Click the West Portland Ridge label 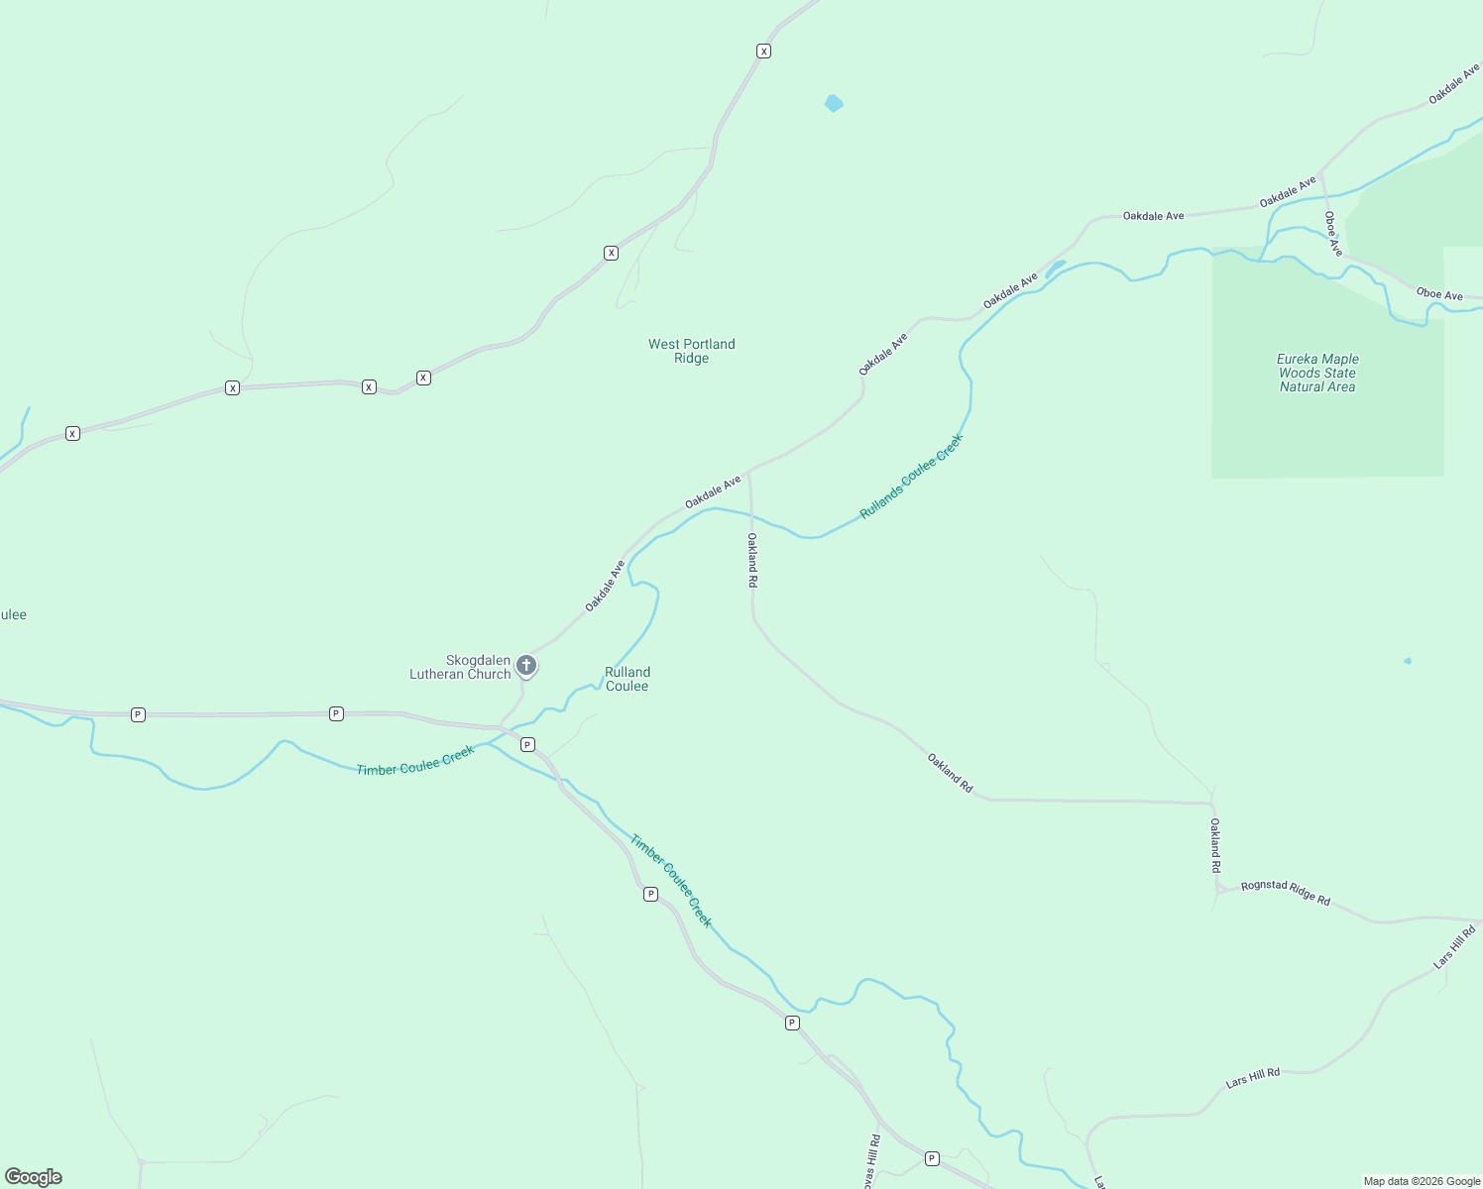pyautogui.click(x=691, y=351)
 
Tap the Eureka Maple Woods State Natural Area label pyautogui.click(x=1316, y=374)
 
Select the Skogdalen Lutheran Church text pyautogui.click(x=461, y=667)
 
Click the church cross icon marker pyautogui.click(x=526, y=665)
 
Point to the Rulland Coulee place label pyautogui.click(x=627, y=679)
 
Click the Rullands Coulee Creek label pyautogui.click(x=911, y=476)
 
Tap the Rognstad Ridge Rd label pyautogui.click(x=1285, y=892)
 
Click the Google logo pyautogui.click(x=34, y=1177)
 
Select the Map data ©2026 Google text pyautogui.click(x=1422, y=1181)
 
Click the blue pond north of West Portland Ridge pyautogui.click(x=834, y=103)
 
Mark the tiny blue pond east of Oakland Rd pyautogui.click(x=1407, y=661)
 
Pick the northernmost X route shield pyautogui.click(x=763, y=51)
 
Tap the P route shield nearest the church pyautogui.click(x=527, y=744)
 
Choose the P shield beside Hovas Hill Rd pyautogui.click(x=932, y=1158)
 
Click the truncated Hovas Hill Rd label pyautogui.click(x=871, y=1161)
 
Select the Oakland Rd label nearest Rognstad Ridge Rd pyautogui.click(x=1215, y=844)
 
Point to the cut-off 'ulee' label pyautogui.click(x=13, y=614)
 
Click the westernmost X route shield pyautogui.click(x=72, y=433)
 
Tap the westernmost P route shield pyautogui.click(x=138, y=714)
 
